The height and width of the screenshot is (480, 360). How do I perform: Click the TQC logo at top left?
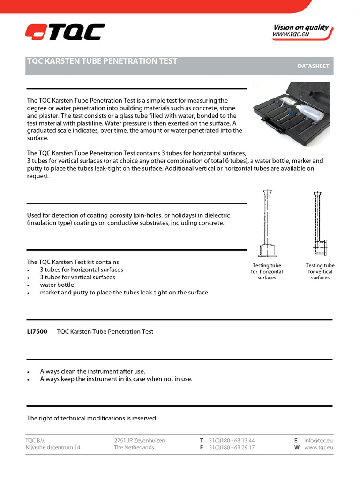pos(65,32)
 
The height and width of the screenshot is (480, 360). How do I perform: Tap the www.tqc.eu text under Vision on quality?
pos(291,35)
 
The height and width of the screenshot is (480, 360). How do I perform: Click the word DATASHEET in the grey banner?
pos(313,67)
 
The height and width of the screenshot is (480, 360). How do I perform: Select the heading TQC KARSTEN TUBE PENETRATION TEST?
pos(102,61)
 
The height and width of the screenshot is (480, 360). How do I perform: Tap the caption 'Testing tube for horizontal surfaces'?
pos(267,272)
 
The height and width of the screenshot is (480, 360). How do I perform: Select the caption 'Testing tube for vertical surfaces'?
pos(320,272)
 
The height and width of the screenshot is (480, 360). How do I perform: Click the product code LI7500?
pos(37,332)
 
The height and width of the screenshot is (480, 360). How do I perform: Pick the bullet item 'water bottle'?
pos(57,285)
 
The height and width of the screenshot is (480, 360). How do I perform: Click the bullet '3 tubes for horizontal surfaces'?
pos(82,270)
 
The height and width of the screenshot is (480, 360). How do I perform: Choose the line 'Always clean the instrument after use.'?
pos(92,371)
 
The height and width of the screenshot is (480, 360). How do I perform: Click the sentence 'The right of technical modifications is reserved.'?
pos(92,418)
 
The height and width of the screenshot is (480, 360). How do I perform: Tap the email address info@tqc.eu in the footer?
pos(319,441)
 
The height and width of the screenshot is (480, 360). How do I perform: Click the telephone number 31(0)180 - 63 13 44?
pos(232,441)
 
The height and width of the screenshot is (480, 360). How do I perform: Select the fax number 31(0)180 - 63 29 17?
pos(232,448)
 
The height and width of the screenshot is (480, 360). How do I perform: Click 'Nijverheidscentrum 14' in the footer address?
pos(53,448)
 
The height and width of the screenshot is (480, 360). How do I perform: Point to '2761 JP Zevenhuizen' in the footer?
pos(140,441)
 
